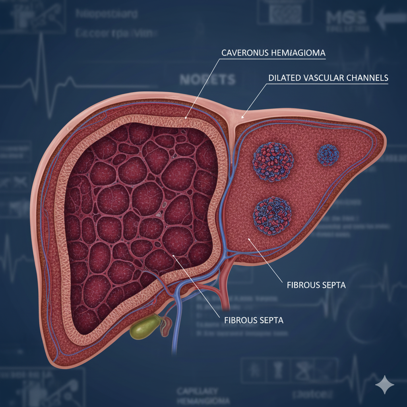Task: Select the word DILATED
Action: (x=281, y=78)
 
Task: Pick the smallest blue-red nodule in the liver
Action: (x=328, y=154)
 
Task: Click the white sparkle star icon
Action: (x=385, y=384)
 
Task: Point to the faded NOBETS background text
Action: (x=207, y=79)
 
